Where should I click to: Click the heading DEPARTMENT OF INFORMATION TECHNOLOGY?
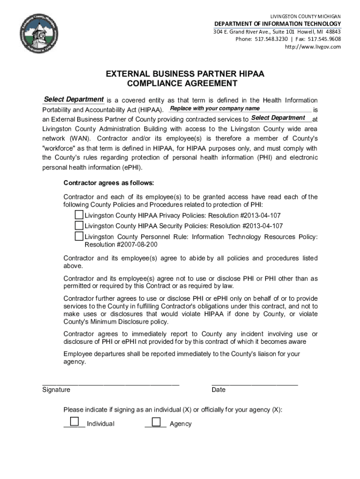(x=277, y=24)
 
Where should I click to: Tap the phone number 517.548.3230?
(x=271, y=39)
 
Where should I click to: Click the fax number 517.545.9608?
(x=324, y=39)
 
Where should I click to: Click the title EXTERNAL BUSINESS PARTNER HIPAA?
(x=178, y=74)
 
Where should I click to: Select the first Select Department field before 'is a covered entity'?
(x=73, y=100)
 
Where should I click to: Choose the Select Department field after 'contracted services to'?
(x=281, y=118)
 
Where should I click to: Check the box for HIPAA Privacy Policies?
(x=79, y=215)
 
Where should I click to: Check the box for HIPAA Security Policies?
(x=79, y=225)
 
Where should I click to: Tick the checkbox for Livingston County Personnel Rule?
(x=79, y=236)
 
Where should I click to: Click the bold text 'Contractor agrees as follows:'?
(x=108, y=182)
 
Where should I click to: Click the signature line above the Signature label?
(x=111, y=383)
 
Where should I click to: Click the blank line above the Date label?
(x=255, y=383)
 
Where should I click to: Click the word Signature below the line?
(x=56, y=390)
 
